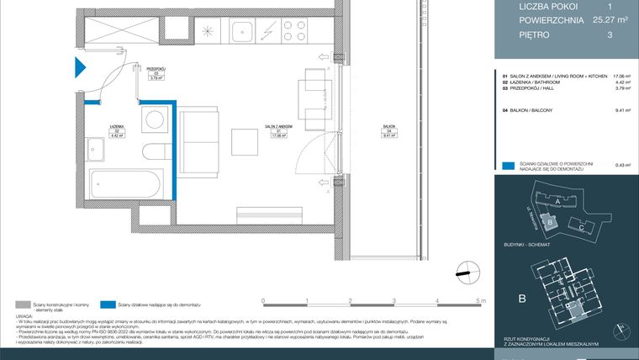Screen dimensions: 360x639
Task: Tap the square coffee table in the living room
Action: [246, 141]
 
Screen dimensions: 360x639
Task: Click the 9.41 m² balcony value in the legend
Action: [623, 110]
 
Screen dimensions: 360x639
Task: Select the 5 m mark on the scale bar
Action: [480, 300]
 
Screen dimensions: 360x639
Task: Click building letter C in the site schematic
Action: [581, 227]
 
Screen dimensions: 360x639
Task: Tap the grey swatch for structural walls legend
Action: [23, 304]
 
